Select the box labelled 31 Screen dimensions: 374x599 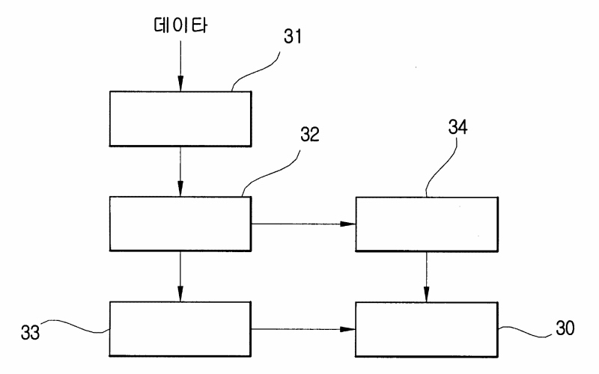pos(180,118)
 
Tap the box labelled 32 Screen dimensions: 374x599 pos(180,224)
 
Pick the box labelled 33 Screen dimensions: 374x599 pos(180,328)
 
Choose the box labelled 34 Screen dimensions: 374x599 pos(426,224)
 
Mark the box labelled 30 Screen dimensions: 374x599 pos(426,328)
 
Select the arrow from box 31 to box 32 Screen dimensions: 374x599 pos(180,171)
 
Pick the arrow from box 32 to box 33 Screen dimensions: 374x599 pos(180,276)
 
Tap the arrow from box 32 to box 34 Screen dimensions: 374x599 pos(302,224)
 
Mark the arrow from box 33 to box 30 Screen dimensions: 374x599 pos(302,328)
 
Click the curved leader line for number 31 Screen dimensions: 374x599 pos(255,67)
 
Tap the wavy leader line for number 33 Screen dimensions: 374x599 pos(79,327)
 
